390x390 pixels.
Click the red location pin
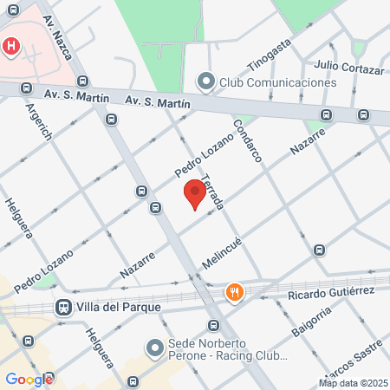[195, 194]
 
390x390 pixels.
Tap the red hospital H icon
[11, 46]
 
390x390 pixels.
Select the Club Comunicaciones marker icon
[205, 82]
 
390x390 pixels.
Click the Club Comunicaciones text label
[277, 82]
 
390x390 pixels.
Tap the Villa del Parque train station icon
[63, 307]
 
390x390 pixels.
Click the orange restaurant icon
[233, 293]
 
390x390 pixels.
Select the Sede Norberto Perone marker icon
[155, 348]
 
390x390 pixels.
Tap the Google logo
[29, 380]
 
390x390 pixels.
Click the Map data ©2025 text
[353, 383]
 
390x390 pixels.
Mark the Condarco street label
[247, 140]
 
